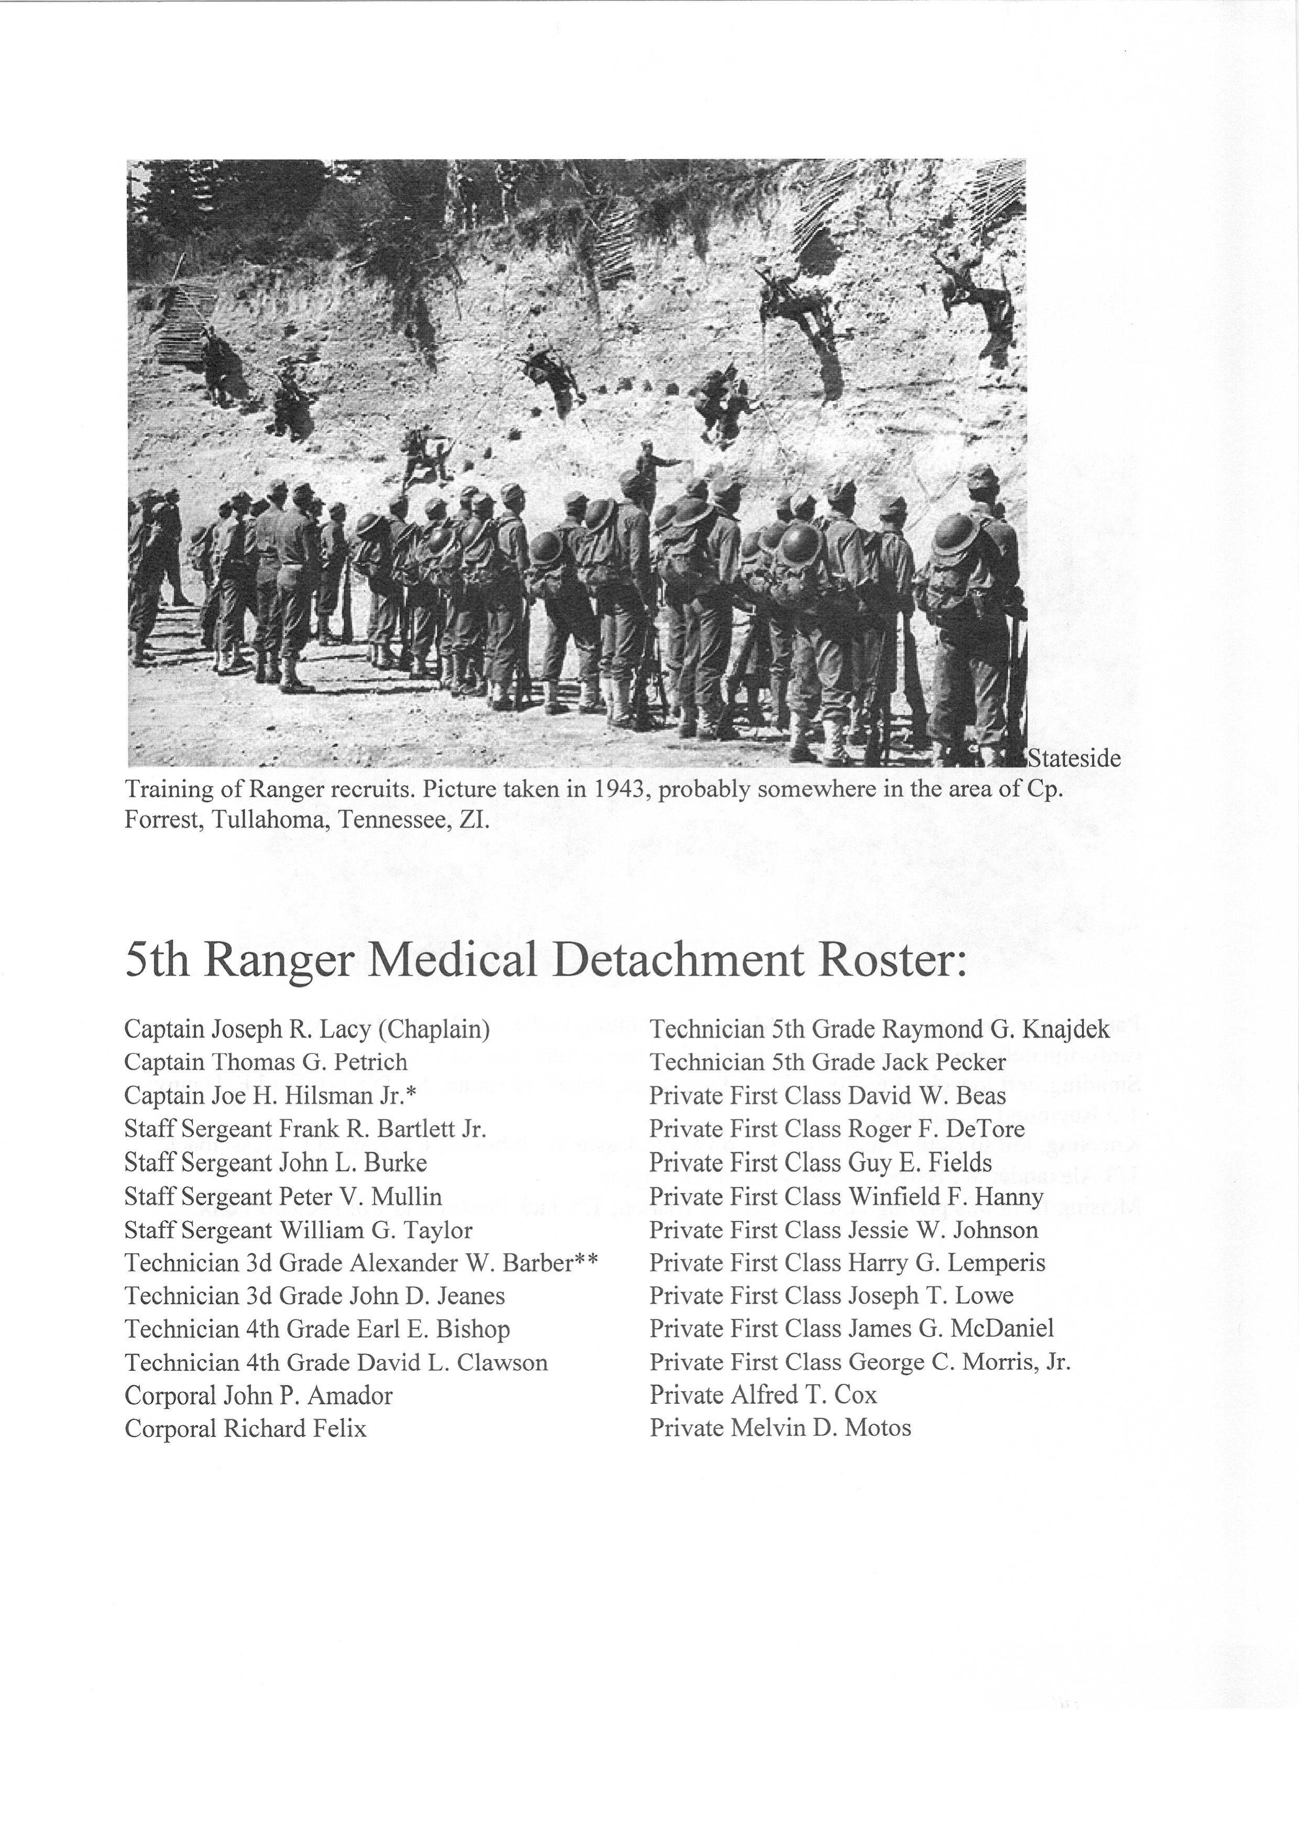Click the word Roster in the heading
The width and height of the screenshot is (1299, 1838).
(x=893, y=960)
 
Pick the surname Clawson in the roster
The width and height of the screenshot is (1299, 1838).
(x=503, y=1362)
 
